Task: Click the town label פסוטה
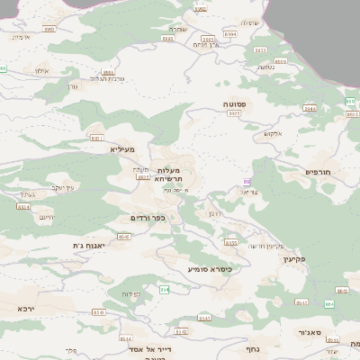pyautogui.click(x=236, y=104)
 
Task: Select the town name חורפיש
pyautogui.click(x=319, y=171)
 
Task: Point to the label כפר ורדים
pyautogui.click(x=148, y=218)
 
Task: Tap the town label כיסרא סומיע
pyautogui.click(x=210, y=269)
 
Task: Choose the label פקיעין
pyautogui.click(x=294, y=259)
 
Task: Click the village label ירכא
pyautogui.click(x=25, y=308)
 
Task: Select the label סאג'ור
pyautogui.click(x=310, y=332)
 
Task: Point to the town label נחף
pyautogui.click(x=253, y=348)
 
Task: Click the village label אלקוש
pyautogui.click(x=273, y=133)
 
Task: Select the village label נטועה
pyautogui.click(x=265, y=67)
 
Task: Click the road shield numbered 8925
pyautogui.click(x=233, y=113)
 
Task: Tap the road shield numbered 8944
pyautogui.click(x=309, y=108)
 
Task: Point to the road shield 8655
pyautogui.click(x=230, y=242)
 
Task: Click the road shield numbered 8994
pyautogui.click(x=230, y=33)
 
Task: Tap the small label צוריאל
pyautogui.click(x=251, y=191)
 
